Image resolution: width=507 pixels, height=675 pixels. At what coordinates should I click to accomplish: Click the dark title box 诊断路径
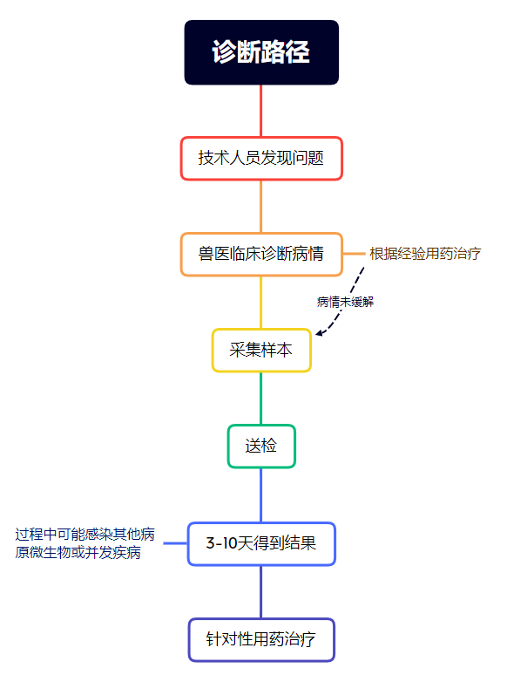click(261, 52)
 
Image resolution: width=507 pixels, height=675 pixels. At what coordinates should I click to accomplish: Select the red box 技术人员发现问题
click(261, 159)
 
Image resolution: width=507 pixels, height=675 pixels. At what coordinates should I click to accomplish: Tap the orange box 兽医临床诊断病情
click(261, 254)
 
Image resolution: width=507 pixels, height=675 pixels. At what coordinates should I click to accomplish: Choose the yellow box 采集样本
click(261, 350)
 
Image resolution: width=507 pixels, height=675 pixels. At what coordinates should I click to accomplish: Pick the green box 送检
click(261, 446)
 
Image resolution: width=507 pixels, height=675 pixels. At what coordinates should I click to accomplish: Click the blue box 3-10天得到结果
click(261, 543)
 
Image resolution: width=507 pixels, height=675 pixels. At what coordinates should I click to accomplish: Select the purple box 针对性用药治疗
click(261, 640)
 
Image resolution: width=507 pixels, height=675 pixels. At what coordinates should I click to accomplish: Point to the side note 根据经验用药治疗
click(425, 254)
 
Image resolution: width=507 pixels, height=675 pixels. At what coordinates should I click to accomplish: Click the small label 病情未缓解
click(345, 302)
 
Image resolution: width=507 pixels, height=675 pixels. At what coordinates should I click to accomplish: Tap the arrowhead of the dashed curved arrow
click(319, 333)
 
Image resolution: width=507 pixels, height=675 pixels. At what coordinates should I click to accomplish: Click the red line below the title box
click(261, 111)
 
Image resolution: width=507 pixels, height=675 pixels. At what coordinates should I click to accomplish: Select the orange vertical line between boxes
click(261, 206)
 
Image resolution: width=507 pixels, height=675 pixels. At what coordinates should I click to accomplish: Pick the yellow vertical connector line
click(261, 303)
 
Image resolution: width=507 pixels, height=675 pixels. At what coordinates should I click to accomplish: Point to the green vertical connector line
click(261, 399)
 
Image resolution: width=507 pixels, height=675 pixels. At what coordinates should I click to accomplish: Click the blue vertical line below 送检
click(261, 495)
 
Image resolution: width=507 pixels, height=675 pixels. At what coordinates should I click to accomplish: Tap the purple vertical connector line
click(261, 592)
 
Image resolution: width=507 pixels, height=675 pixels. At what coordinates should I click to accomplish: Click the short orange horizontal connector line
click(354, 254)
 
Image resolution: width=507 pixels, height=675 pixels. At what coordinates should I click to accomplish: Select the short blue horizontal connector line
click(175, 543)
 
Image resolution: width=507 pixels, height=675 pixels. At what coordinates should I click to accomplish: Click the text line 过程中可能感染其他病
click(84, 535)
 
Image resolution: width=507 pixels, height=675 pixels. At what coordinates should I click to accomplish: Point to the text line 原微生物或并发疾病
click(78, 552)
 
